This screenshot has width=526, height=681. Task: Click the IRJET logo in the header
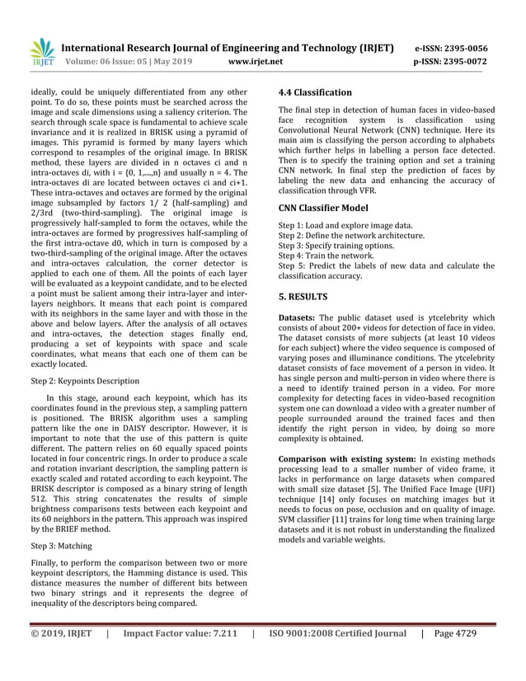tap(41, 53)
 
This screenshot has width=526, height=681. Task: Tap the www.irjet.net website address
tap(255, 61)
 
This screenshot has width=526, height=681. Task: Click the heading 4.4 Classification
tap(315, 92)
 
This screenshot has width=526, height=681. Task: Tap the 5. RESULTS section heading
tap(303, 296)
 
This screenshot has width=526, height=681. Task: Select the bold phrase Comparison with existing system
tap(346, 458)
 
